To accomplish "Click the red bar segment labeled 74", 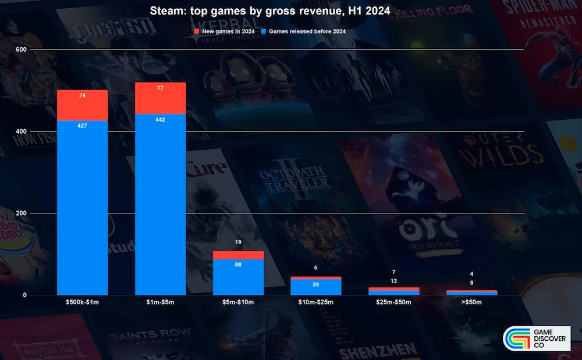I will [82, 105].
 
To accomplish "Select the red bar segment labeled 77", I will [160, 98].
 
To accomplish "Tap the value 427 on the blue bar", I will [82, 126].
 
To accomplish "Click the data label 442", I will [160, 119].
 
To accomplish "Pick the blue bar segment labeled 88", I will [238, 276].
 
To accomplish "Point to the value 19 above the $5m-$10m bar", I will [238, 242].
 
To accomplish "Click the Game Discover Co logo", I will [537, 339].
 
